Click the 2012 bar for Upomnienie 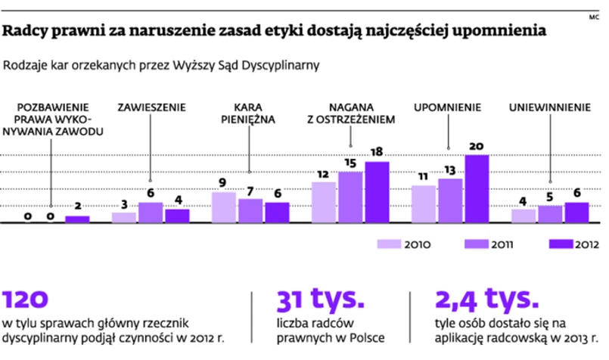pyautogui.click(x=477, y=189)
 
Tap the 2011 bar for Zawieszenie pyautogui.click(x=151, y=213)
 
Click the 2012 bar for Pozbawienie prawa pyautogui.click(x=77, y=219)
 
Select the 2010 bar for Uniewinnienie pyautogui.click(x=524, y=216)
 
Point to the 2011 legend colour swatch pyautogui.click(x=478, y=244)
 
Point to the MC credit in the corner pyautogui.click(x=592, y=15)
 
